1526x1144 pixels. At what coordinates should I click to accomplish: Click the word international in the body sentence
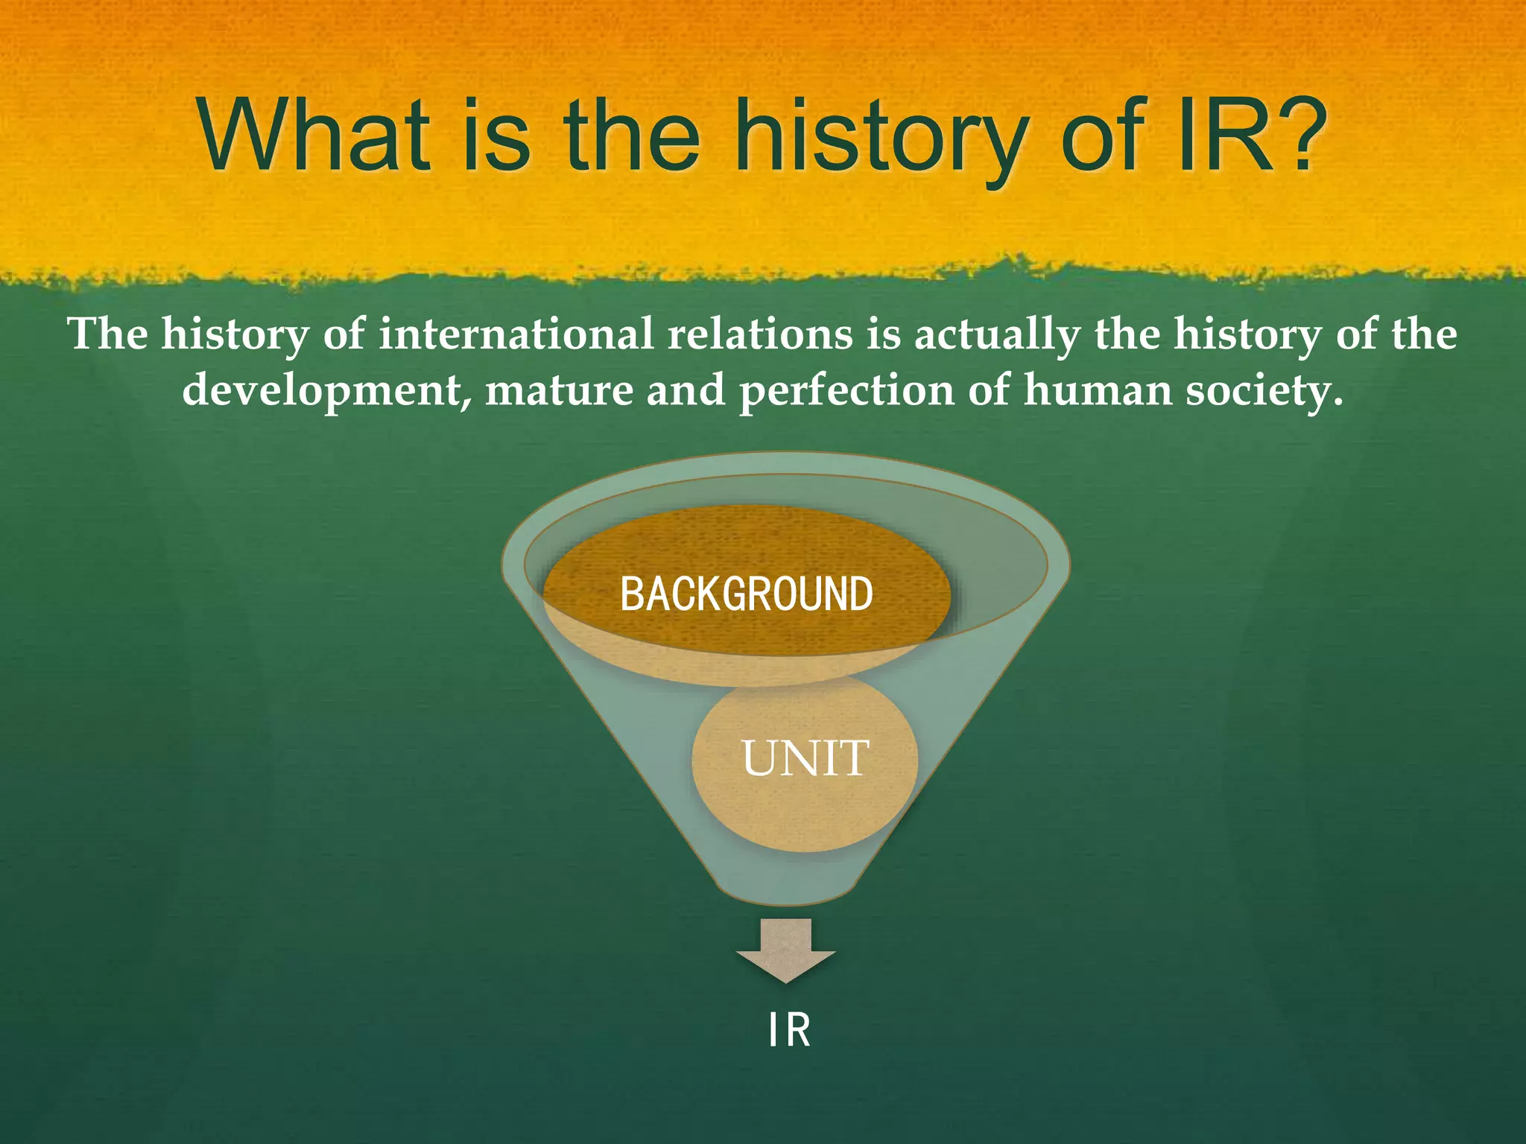(516, 334)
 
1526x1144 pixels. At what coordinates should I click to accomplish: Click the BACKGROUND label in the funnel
(746, 594)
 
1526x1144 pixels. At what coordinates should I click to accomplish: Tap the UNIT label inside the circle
(805, 759)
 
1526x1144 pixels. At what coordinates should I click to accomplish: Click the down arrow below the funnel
(786, 952)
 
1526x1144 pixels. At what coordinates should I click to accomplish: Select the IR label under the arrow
(789, 1031)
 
